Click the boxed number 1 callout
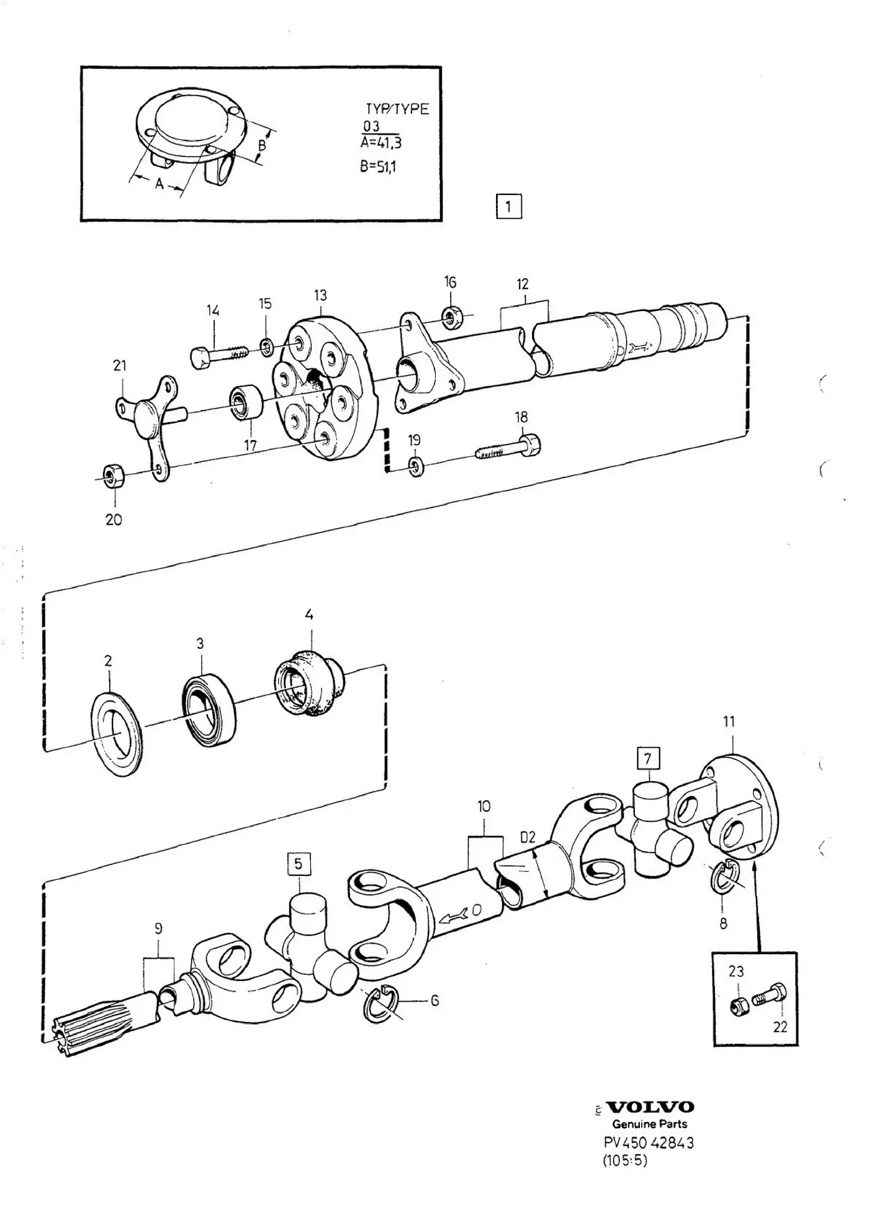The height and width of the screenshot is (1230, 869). pos(508,206)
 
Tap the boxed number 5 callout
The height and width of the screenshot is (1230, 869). pos(299,864)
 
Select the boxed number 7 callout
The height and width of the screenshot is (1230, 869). pos(648,758)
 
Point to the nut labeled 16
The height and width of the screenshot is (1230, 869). pos(451,317)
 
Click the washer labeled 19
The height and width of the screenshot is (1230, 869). pos(416,467)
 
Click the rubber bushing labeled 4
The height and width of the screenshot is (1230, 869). pos(308,681)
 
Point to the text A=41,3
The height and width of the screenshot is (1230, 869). pos(380,143)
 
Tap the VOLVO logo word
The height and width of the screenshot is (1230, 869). pos(650,1107)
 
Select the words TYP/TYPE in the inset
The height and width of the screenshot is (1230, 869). pos(397,109)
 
